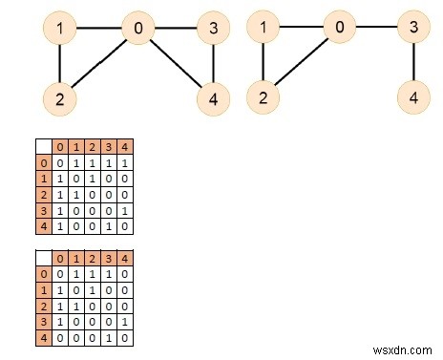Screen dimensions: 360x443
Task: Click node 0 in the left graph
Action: tap(138, 29)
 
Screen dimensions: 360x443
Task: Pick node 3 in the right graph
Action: tap(413, 29)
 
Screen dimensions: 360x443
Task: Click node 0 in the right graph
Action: tap(338, 29)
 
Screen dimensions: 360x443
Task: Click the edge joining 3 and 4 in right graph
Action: tap(413, 63)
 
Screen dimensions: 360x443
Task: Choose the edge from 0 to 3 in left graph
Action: tap(176, 29)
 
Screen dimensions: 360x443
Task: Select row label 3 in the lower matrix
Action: tap(43, 321)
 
